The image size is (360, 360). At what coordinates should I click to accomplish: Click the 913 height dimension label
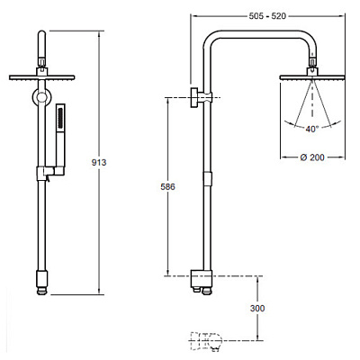pos(99,162)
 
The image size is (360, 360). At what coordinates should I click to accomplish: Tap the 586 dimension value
pos(167,187)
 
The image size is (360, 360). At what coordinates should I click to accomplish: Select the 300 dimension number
pos(257,308)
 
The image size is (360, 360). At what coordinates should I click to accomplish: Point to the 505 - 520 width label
pos(267,16)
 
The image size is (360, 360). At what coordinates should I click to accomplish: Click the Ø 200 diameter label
pos(312,157)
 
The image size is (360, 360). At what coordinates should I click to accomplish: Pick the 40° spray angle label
pos(311,129)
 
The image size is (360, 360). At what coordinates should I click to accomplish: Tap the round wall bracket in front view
pos(41,97)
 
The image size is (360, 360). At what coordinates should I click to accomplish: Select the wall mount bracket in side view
pos(201,97)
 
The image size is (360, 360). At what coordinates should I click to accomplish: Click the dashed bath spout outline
pos(206,341)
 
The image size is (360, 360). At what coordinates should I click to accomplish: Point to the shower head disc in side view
pos(312,77)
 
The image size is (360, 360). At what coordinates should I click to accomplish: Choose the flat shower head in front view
pos(41,77)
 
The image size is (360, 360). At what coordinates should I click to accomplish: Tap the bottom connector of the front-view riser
pos(41,283)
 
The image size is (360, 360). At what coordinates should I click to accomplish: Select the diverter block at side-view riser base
pos(202,278)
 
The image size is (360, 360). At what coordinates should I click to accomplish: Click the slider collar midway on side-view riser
pos(207,179)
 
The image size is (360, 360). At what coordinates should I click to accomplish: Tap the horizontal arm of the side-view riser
pos(260,34)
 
